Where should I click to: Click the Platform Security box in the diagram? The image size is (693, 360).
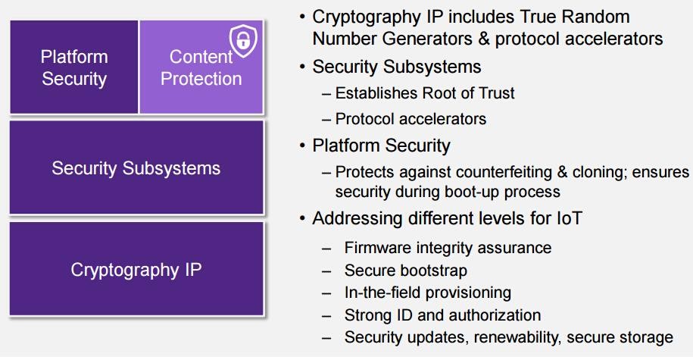point(73,67)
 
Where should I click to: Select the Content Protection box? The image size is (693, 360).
point(201,67)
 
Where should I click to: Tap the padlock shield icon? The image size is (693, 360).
point(243,41)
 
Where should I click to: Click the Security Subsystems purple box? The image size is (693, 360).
point(136,167)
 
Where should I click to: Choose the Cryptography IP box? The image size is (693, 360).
point(136,269)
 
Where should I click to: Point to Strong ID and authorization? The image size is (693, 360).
point(442,315)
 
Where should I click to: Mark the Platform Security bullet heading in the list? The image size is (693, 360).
point(381,146)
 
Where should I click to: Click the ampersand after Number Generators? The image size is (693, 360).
point(483,39)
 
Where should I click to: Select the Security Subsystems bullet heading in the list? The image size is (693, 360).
point(396,67)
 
